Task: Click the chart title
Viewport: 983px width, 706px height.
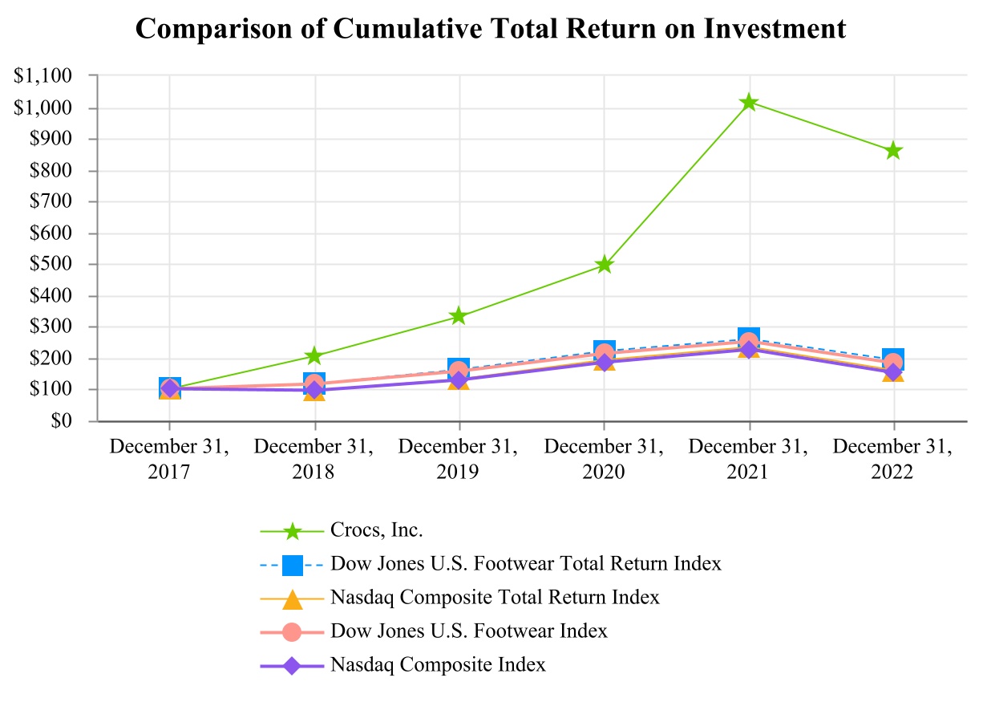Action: click(491, 29)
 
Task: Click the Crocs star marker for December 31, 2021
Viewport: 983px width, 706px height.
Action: click(749, 103)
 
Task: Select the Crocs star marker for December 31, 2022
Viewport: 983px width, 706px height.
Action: click(894, 151)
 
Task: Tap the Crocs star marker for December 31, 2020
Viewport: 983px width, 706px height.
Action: click(604, 265)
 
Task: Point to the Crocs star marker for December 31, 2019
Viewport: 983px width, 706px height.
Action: click(459, 316)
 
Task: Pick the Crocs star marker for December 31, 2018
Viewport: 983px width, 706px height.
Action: click(314, 355)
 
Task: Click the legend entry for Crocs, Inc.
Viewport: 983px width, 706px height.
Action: click(376, 530)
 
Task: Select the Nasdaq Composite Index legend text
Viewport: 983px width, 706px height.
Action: click(438, 665)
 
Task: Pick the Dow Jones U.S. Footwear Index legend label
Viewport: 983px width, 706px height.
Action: click(468, 631)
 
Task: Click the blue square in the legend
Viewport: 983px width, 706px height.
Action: click(293, 565)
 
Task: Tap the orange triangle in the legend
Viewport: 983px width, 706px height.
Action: click(293, 598)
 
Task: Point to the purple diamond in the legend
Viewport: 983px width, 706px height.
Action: click(293, 666)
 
